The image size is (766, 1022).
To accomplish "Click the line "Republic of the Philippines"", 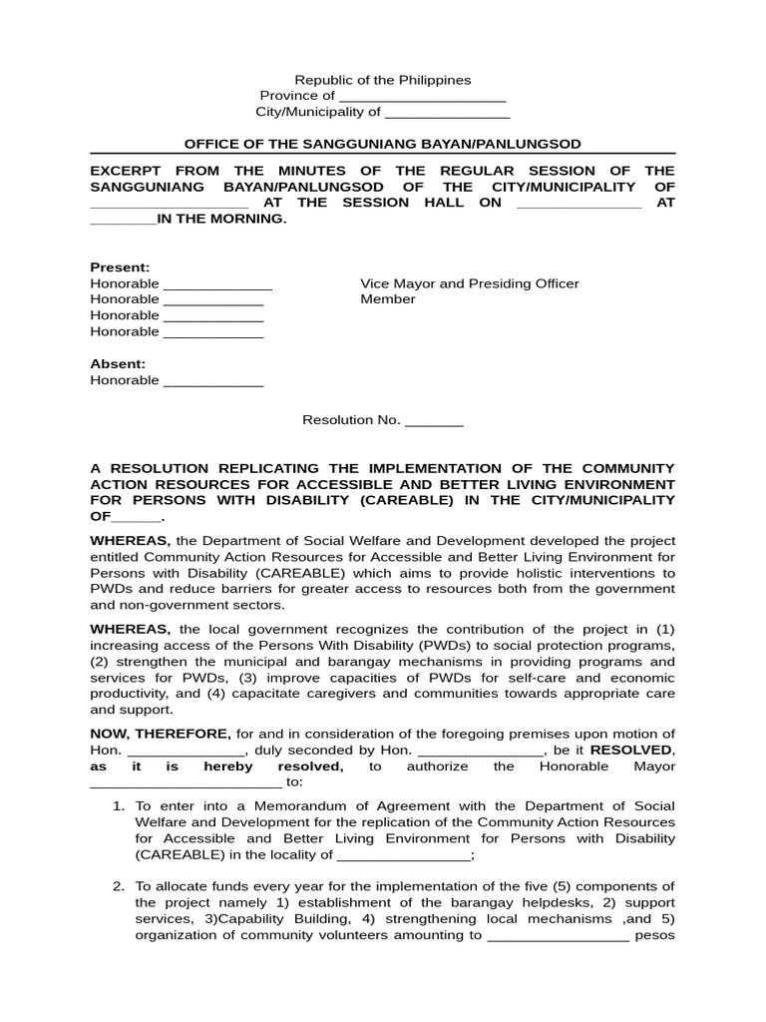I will click(382, 80).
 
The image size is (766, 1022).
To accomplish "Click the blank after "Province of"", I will click(422, 97).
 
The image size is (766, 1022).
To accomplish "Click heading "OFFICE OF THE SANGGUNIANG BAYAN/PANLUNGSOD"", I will click(382, 145).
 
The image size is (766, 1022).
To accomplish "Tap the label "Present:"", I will click(120, 267).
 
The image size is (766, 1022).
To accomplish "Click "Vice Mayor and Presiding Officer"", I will click(469, 283).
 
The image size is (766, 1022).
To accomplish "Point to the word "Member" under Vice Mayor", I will click(387, 299).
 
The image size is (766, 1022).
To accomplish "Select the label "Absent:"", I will click(118, 364).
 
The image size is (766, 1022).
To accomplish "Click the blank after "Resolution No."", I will click(434, 421).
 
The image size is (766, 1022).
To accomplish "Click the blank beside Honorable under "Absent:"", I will click(212, 381).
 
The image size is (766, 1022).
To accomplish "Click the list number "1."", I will click(118, 805).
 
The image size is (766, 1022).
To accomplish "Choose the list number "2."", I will click(118, 886).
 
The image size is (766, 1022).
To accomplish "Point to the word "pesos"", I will click(656, 935).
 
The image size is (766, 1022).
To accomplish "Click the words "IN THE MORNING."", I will click(221, 219).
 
